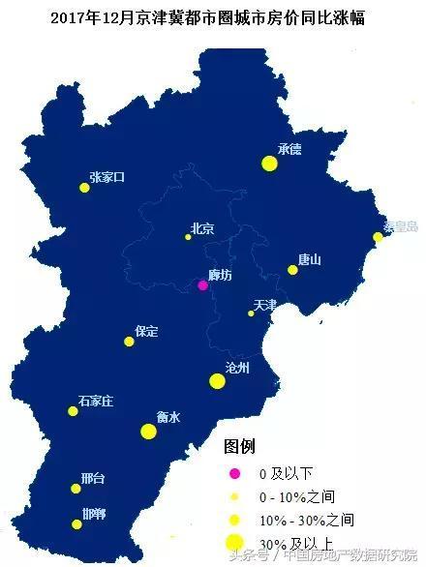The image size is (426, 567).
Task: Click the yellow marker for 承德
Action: pyautogui.click(x=269, y=164)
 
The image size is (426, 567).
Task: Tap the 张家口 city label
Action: pyautogui.click(x=106, y=177)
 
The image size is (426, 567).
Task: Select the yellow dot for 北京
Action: pyautogui.click(x=189, y=237)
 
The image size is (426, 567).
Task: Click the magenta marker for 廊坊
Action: pyautogui.click(x=202, y=285)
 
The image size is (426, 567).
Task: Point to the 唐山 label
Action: pyautogui.click(x=309, y=259)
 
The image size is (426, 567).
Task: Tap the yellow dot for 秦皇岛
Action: pyautogui.click(x=378, y=237)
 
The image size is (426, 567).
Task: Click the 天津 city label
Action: pyautogui.click(x=265, y=305)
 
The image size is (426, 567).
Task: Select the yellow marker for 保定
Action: pyautogui.click(x=129, y=342)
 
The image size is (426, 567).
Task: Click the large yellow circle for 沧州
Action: pyautogui.click(x=217, y=382)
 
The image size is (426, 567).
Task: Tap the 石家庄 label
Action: pyautogui.click(x=96, y=401)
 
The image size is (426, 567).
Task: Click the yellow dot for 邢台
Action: pyautogui.click(x=76, y=489)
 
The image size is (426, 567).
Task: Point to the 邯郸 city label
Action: pyautogui.click(x=94, y=514)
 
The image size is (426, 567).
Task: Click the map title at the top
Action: pyautogui.click(x=213, y=17)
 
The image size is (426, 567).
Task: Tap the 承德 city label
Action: pyautogui.click(x=289, y=150)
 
